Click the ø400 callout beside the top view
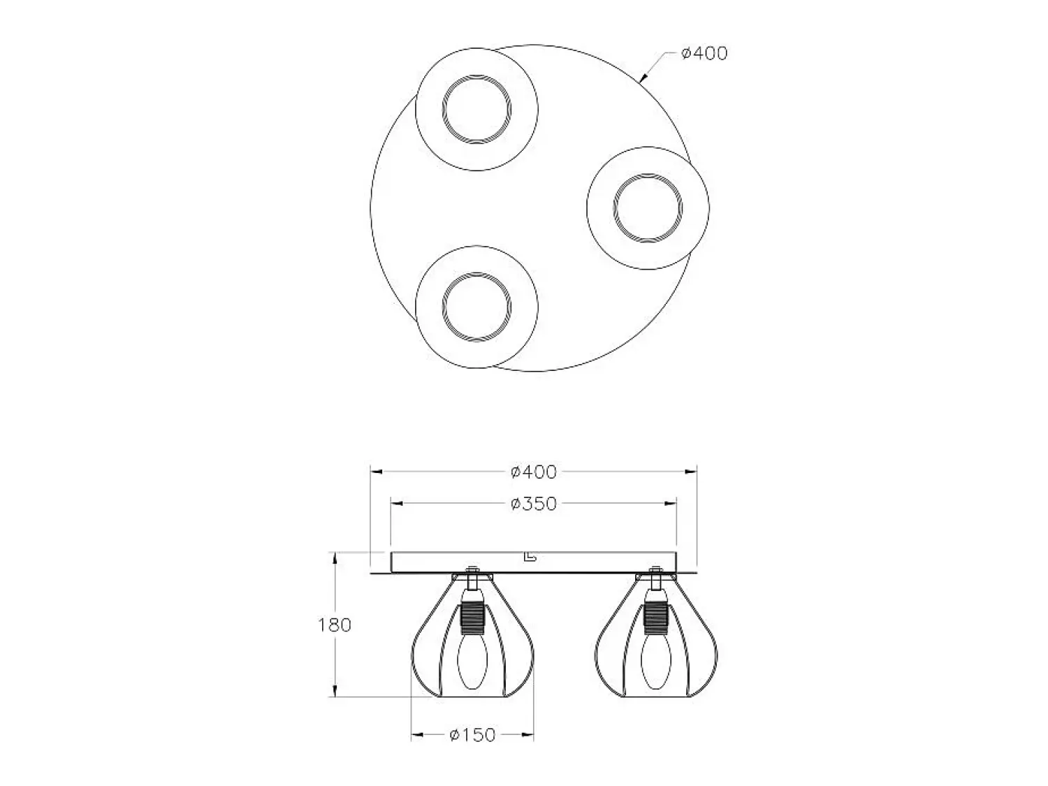[704, 54]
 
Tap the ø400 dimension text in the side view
[533, 472]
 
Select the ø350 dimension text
[533, 504]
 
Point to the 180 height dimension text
[335, 625]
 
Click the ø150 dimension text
[473, 735]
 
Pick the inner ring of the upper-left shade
[442, 109]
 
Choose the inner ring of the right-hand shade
[614, 208]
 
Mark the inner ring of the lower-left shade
[443, 307]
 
